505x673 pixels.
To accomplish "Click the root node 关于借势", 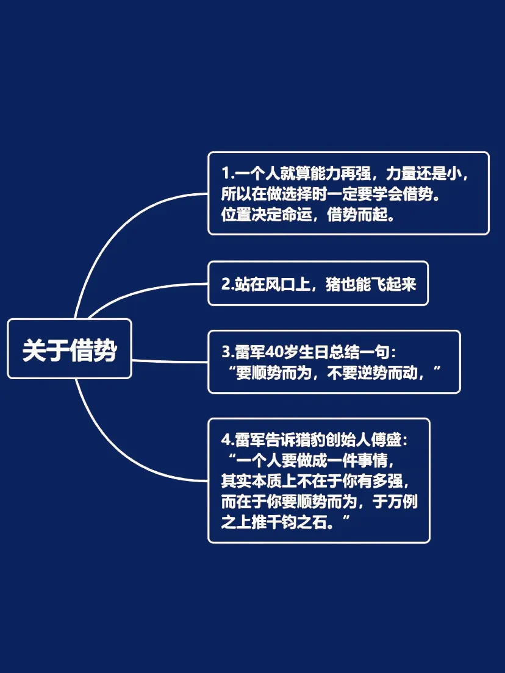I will click(70, 349).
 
